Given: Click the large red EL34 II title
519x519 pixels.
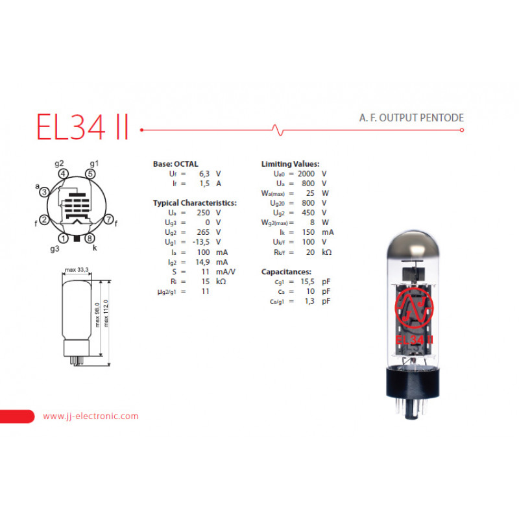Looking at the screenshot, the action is coord(82,127).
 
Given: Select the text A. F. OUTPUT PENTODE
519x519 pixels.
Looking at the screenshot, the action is coord(411,118).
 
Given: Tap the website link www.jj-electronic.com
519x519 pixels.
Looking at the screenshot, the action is coord(90,416).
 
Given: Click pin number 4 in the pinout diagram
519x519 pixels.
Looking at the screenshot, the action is coord(63,174).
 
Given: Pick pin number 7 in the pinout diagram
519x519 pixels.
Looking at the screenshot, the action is coord(108,219).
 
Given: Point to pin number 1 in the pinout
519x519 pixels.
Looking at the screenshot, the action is coord(63,238).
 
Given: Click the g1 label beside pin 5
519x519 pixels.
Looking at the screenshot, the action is coord(94,163).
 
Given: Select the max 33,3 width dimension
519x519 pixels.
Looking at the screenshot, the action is coord(77,270).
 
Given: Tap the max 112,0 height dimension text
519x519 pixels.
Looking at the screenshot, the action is coord(106,313).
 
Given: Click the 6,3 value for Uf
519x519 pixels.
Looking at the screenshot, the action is coord(204,174).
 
